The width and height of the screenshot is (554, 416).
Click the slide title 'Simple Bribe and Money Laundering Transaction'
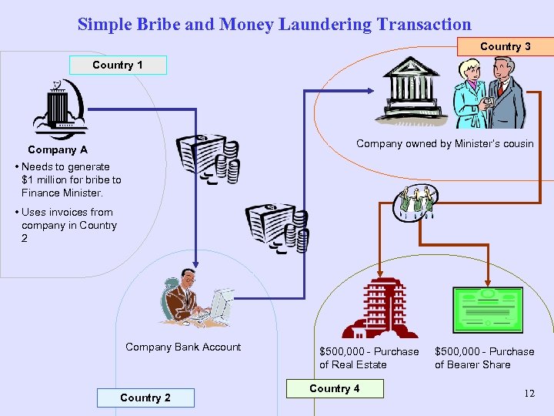coord(274,24)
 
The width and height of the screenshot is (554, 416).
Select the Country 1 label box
coord(118,65)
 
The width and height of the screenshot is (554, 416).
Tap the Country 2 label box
coord(145,398)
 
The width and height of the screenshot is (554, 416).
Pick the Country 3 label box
coord(505,46)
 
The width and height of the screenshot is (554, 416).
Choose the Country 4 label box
coord(334,388)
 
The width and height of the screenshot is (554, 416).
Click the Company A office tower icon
coord(59,107)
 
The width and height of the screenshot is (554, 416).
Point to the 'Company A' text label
coord(58,149)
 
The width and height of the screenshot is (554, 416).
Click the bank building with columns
coord(415,91)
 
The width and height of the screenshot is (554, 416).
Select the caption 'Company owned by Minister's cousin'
coord(445,143)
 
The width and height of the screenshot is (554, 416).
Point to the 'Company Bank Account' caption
coord(183,347)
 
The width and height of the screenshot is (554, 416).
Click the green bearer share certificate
coord(488,310)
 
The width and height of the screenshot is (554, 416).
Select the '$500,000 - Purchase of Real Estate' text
coord(369,357)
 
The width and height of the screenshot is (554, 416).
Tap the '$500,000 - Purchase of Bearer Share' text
coord(484,357)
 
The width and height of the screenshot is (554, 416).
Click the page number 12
coord(529,394)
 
